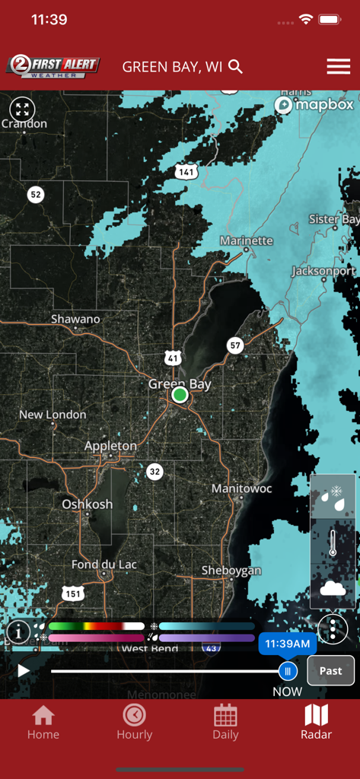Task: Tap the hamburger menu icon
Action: pyautogui.click(x=338, y=67)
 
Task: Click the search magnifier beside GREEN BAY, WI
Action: pyautogui.click(x=236, y=67)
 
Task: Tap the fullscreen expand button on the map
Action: pyautogui.click(x=22, y=109)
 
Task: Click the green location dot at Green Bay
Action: pyautogui.click(x=180, y=395)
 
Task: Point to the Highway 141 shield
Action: pyautogui.click(x=185, y=172)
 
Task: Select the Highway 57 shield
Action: pyautogui.click(x=235, y=345)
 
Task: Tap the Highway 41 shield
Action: pyautogui.click(x=174, y=358)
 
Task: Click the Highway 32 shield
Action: pyautogui.click(x=155, y=472)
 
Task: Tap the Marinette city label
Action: pyautogui.click(x=246, y=240)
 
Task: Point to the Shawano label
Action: pyautogui.click(x=75, y=320)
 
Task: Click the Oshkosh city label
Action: pyautogui.click(x=87, y=504)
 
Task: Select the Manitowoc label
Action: pyautogui.click(x=241, y=488)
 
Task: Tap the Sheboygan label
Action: pyautogui.click(x=231, y=571)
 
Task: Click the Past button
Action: pyautogui.click(x=330, y=670)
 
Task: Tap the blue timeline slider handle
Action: pyautogui.click(x=287, y=671)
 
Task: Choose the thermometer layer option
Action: pyautogui.click(x=333, y=543)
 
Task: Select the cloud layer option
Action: pyautogui.click(x=333, y=588)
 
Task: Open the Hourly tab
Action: pyautogui.click(x=134, y=722)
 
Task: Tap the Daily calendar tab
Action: pyautogui.click(x=225, y=722)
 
